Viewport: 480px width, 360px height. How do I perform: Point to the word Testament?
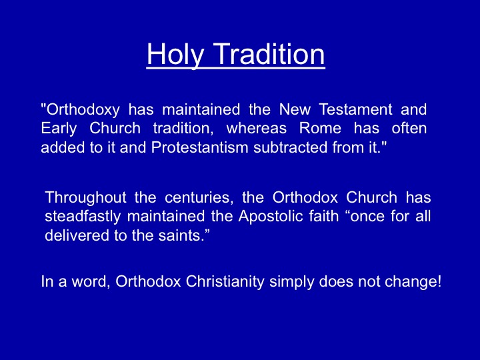coord(355,109)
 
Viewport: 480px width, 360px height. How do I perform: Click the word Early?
coord(59,129)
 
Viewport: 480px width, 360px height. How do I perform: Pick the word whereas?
coord(256,128)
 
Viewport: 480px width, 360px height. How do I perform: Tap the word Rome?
coord(320,128)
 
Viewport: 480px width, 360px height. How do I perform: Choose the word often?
coord(409,128)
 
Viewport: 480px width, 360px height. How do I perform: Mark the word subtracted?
coord(290,147)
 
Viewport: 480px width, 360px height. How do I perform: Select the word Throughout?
coord(85,198)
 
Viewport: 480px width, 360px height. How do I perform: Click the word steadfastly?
coord(83,217)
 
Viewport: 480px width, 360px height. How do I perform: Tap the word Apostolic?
coord(271,216)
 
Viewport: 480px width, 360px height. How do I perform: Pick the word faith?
coord(324,216)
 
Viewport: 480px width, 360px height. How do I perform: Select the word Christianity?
coord(225,282)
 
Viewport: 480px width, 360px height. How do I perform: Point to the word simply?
coord(292,282)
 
